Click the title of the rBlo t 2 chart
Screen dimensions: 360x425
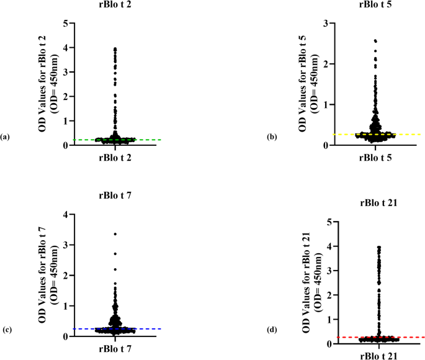pyautogui.click(x=115, y=6)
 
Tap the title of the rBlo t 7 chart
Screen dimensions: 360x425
pyautogui.click(x=115, y=197)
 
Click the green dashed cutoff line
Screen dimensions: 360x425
pyautogui.click(x=149, y=140)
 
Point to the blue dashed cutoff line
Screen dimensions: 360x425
pyautogui.click(x=149, y=328)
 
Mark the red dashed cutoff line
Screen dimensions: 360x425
pyautogui.click(x=409, y=337)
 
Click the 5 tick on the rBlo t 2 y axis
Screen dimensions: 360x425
pyautogui.click(x=65, y=23)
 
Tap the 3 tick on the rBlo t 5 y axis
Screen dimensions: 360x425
pyautogui.click(x=325, y=23)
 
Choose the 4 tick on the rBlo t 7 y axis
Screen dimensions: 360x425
pyautogui.click(x=65, y=215)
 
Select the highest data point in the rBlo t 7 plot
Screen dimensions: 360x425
pyautogui.click(x=115, y=234)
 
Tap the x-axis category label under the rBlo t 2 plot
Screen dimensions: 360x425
pyautogui.click(x=115, y=157)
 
